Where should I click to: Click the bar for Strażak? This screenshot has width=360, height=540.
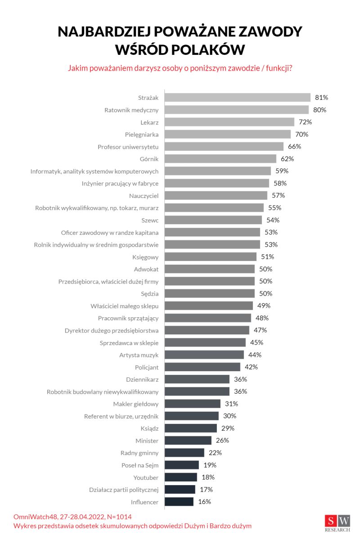pos(238,97)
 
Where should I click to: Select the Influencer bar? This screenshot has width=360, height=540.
pos(179,501)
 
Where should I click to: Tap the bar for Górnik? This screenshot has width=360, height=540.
pos(220,158)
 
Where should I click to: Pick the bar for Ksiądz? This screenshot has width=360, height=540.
pos(191,428)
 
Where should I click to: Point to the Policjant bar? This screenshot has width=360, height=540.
pos(202,367)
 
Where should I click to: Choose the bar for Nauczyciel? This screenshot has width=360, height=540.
pos(216,195)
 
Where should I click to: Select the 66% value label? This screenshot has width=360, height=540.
pos(295,146)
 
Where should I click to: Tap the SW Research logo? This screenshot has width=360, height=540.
pos(337,523)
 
